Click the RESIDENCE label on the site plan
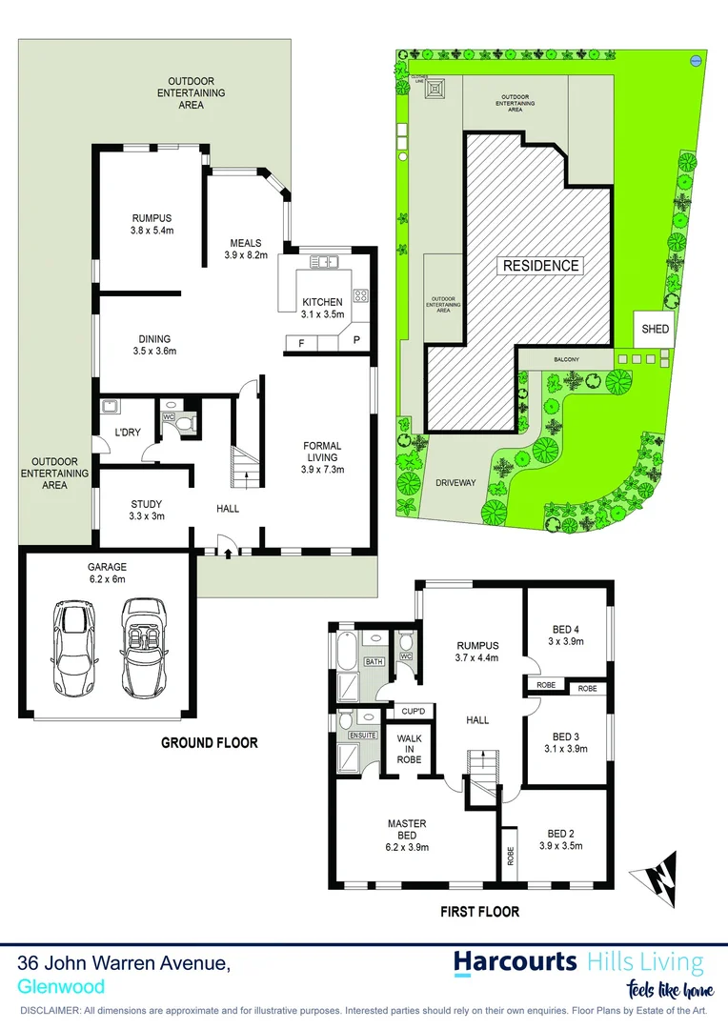pos(540,266)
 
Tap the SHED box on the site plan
pos(656,330)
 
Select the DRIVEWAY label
pos(455,483)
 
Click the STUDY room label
pos(146,511)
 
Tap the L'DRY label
pos(128,433)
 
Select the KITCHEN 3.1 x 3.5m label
pos(322,308)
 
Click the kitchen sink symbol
pos(325,261)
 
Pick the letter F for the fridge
pos(302,341)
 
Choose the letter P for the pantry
pos(356,341)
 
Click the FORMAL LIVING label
pos(322,457)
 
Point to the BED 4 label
pos(566,636)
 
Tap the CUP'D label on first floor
pos(413,712)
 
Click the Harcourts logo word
pos(515,960)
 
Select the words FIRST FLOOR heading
pos(479,912)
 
